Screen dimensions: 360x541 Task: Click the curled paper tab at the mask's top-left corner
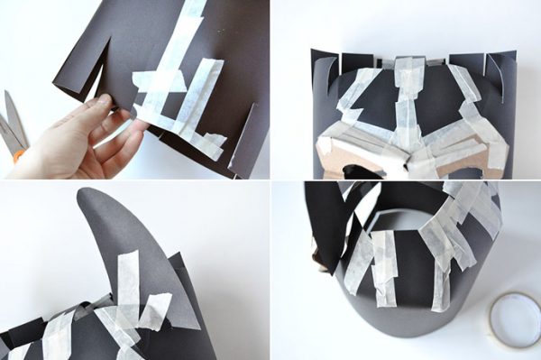point(323,65)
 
